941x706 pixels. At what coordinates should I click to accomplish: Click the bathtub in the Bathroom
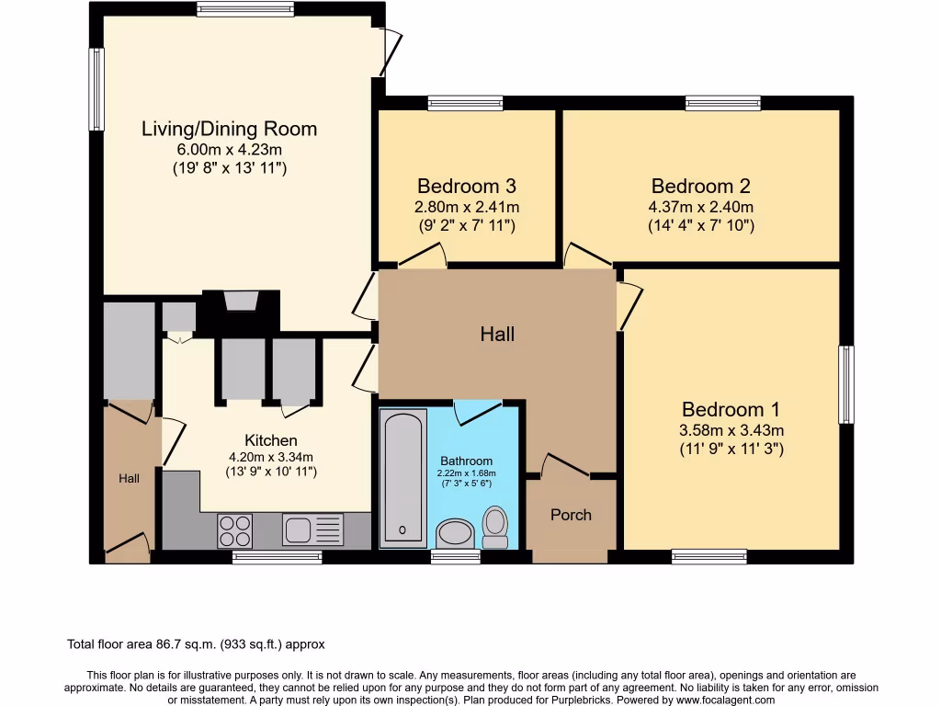point(402,478)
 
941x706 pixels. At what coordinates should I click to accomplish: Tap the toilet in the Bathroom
point(495,527)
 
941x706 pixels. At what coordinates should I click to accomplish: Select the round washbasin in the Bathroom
point(454,532)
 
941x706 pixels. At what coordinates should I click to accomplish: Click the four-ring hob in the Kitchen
point(234,530)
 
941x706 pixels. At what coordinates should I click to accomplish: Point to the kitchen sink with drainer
point(312,530)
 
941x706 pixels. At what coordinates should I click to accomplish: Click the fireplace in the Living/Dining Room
point(241,302)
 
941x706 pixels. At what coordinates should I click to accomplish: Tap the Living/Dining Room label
point(229,129)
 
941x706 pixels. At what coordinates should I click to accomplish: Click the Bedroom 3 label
point(468,186)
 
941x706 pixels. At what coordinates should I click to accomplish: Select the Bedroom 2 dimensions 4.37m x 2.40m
point(702,207)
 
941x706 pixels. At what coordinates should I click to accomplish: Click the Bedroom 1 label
point(731,410)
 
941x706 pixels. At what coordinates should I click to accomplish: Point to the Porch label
point(571,515)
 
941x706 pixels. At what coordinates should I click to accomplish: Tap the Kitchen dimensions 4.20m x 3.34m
point(270,457)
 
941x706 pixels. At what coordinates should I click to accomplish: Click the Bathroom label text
point(466,461)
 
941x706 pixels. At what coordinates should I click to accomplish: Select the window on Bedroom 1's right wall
point(845,384)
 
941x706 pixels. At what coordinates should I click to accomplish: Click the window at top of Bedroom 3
point(465,103)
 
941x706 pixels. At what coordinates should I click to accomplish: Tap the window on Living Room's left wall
point(96,89)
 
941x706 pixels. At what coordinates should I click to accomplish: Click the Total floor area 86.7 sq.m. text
point(197,644)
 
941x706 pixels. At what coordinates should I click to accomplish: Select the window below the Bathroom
point(456,556)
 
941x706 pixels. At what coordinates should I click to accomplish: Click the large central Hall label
point(497,334)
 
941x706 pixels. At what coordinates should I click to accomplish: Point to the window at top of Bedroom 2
point(722,103)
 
